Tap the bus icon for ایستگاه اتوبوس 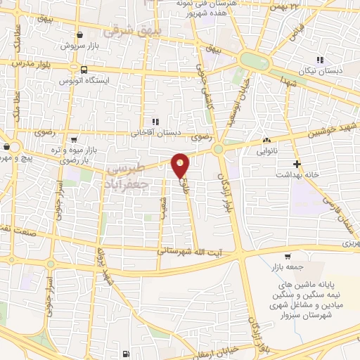point(84,70)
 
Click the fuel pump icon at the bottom point(125,353)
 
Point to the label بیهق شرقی point(131,31)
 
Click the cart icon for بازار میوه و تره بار point(74,139)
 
